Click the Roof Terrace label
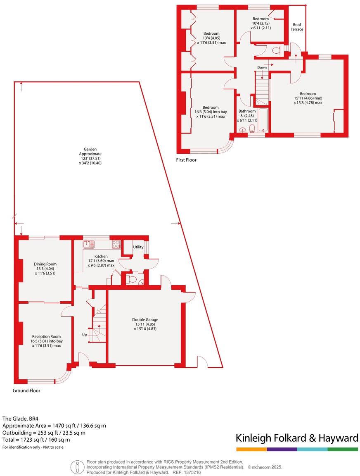pos(297,27)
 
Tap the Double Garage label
pos(145,319)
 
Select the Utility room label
pos(138,247)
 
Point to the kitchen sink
pos(89,244)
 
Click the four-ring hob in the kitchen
pos(116,244)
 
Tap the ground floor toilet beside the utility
pos(132,280)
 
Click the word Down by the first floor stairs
pos(262,67)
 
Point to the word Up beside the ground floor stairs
pos(84,334)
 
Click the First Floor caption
pos(187,160)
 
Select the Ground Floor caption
pos(26,390)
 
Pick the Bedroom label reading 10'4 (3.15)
pos(261,23)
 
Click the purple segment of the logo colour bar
pos(282,449)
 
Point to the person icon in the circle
pos(77,466)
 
